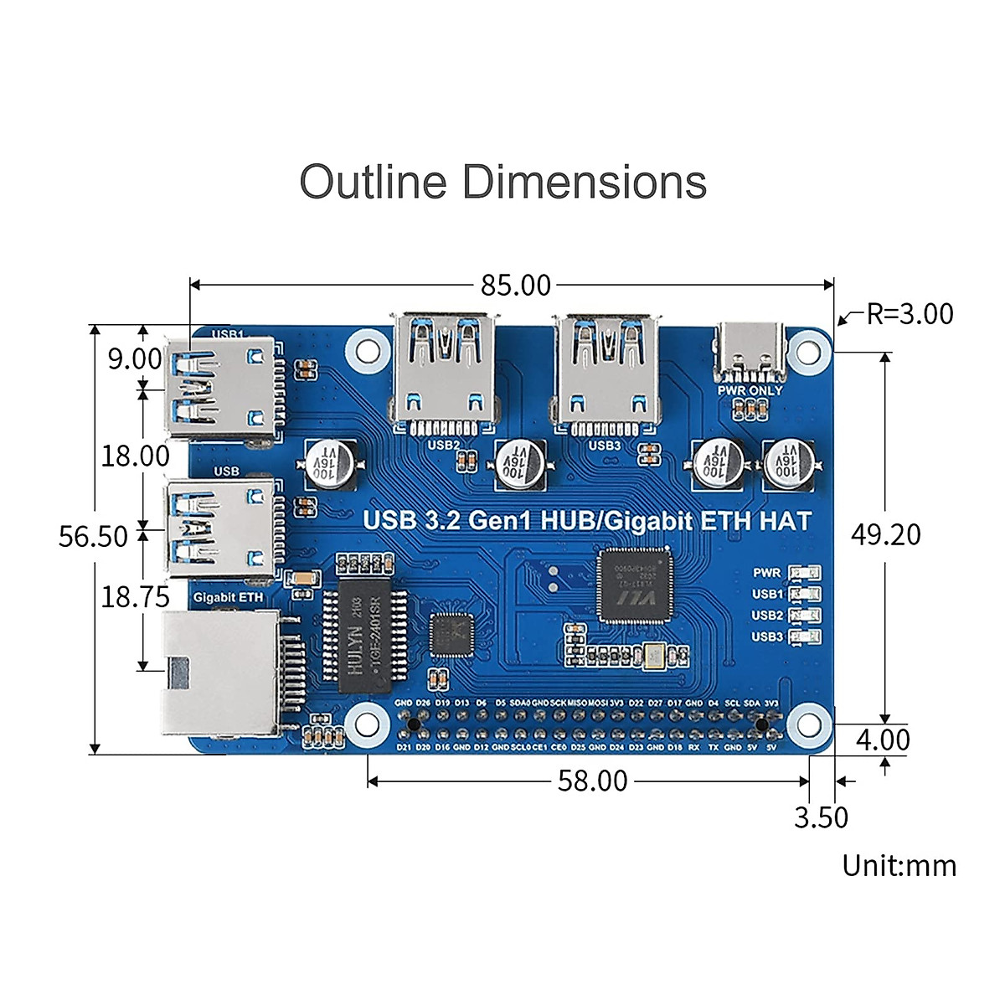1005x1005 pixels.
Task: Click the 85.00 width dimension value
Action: coord(516,286)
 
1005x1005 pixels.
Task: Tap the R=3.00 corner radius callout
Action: coord(910,314)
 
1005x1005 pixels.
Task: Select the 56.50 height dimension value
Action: coord(93,537)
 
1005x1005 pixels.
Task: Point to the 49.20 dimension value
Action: coord(885,534)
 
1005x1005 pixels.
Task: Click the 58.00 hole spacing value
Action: coord(592,781)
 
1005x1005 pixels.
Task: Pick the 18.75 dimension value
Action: coord(135,597)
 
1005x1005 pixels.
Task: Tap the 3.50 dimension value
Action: coord(821,817)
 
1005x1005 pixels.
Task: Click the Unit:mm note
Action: coord(899,865)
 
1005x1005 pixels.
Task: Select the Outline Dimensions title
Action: coord(502,182)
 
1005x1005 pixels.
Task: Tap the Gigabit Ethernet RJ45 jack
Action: coord(222,670)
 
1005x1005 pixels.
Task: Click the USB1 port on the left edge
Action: coord(220,388)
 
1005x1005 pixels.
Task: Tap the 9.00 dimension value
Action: coord(134,359)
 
